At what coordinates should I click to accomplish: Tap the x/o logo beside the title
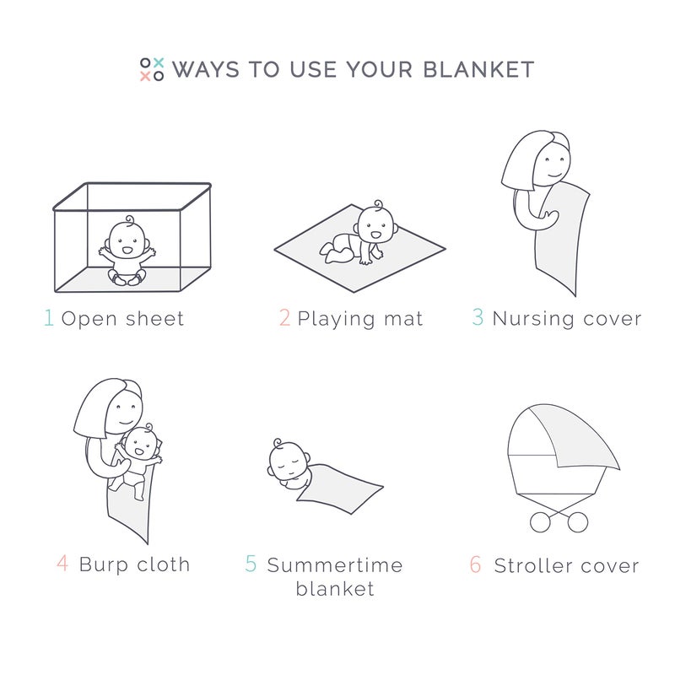pos(152,69)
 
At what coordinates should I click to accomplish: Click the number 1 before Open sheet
pos(48,318)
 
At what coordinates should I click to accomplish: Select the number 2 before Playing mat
pos(284,318)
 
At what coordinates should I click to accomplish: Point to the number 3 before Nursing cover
pos(478,318)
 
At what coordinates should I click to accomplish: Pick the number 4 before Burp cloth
pos(63,563)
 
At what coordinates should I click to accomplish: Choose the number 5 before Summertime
pos(251,563)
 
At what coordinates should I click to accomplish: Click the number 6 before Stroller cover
pos(476,564)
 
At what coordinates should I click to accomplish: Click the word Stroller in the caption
pos(535,564)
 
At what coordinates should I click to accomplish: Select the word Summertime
pos(335,564)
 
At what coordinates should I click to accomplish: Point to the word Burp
pos(102,564)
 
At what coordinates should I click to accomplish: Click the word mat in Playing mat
pos(403,319)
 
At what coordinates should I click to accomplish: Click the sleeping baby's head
pos(284,459)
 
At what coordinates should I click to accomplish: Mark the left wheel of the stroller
pos(540,522)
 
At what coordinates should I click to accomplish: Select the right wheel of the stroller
pos(577,522)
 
